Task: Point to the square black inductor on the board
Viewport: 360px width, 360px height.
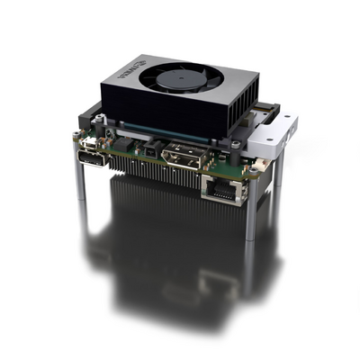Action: [x=131, y=147]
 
